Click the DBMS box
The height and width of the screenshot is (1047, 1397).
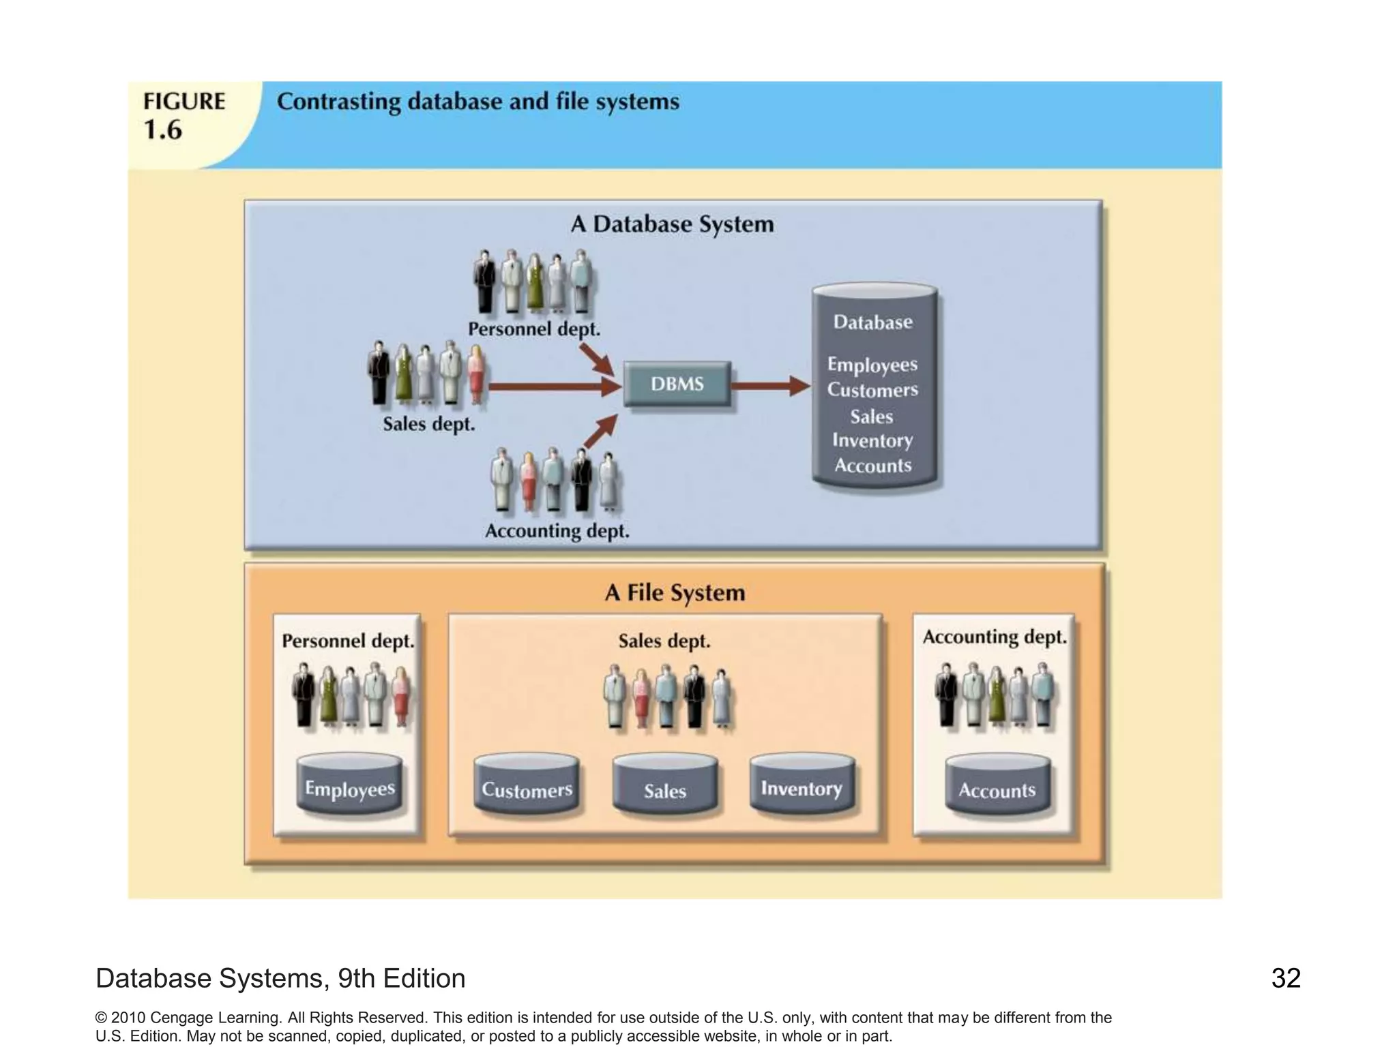(677, 384)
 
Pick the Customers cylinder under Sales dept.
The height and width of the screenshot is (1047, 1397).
(526, 785)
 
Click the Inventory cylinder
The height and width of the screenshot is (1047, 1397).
(802, 784)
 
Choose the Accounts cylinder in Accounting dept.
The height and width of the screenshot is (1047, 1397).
(997, 785)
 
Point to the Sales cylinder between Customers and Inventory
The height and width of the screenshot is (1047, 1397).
(664, 785)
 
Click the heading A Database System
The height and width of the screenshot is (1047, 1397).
(672, 224)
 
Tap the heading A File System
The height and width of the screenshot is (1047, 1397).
(675, 592)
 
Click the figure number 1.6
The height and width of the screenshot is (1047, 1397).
(163, 130)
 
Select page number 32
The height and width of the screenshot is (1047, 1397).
(1286, 978)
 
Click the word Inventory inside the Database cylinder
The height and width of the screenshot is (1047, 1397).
(872, 441)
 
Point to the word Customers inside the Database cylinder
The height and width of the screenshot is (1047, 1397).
(872, 390)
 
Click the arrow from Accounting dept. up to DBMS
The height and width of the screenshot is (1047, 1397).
(600, 431)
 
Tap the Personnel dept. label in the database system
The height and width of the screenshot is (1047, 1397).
(534, 329)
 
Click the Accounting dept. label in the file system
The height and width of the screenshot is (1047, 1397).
(994, 637)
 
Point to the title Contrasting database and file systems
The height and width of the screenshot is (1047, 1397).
(477, 102)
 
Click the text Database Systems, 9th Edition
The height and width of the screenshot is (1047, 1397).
(280, 978)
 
